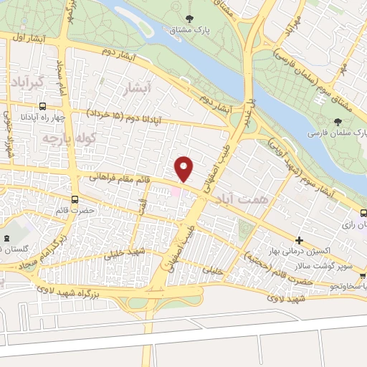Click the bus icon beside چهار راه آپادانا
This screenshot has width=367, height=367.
tap(7, 114)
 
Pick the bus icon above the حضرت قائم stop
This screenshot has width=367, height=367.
tap(75, 199)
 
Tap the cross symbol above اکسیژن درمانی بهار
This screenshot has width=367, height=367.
tap(300, 240)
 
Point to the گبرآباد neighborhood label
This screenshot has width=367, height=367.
tap(28, 82)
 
